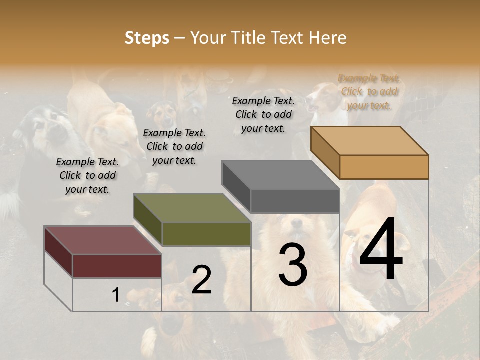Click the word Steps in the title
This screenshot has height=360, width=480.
(147, 38)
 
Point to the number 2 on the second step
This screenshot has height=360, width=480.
(201, 280)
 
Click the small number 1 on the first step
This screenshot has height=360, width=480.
(115, 295)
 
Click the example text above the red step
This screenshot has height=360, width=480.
(87, 175)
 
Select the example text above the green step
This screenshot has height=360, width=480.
(174, 146)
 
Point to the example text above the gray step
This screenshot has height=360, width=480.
(263, 114)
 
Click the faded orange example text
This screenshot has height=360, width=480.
(369, 91)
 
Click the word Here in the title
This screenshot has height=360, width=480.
(328, 38)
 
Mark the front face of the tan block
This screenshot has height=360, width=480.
(384, 167)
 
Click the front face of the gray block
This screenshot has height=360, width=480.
(295, 201)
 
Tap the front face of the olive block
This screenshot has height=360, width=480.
(206, 234)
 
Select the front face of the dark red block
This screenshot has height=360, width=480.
(117, 266)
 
